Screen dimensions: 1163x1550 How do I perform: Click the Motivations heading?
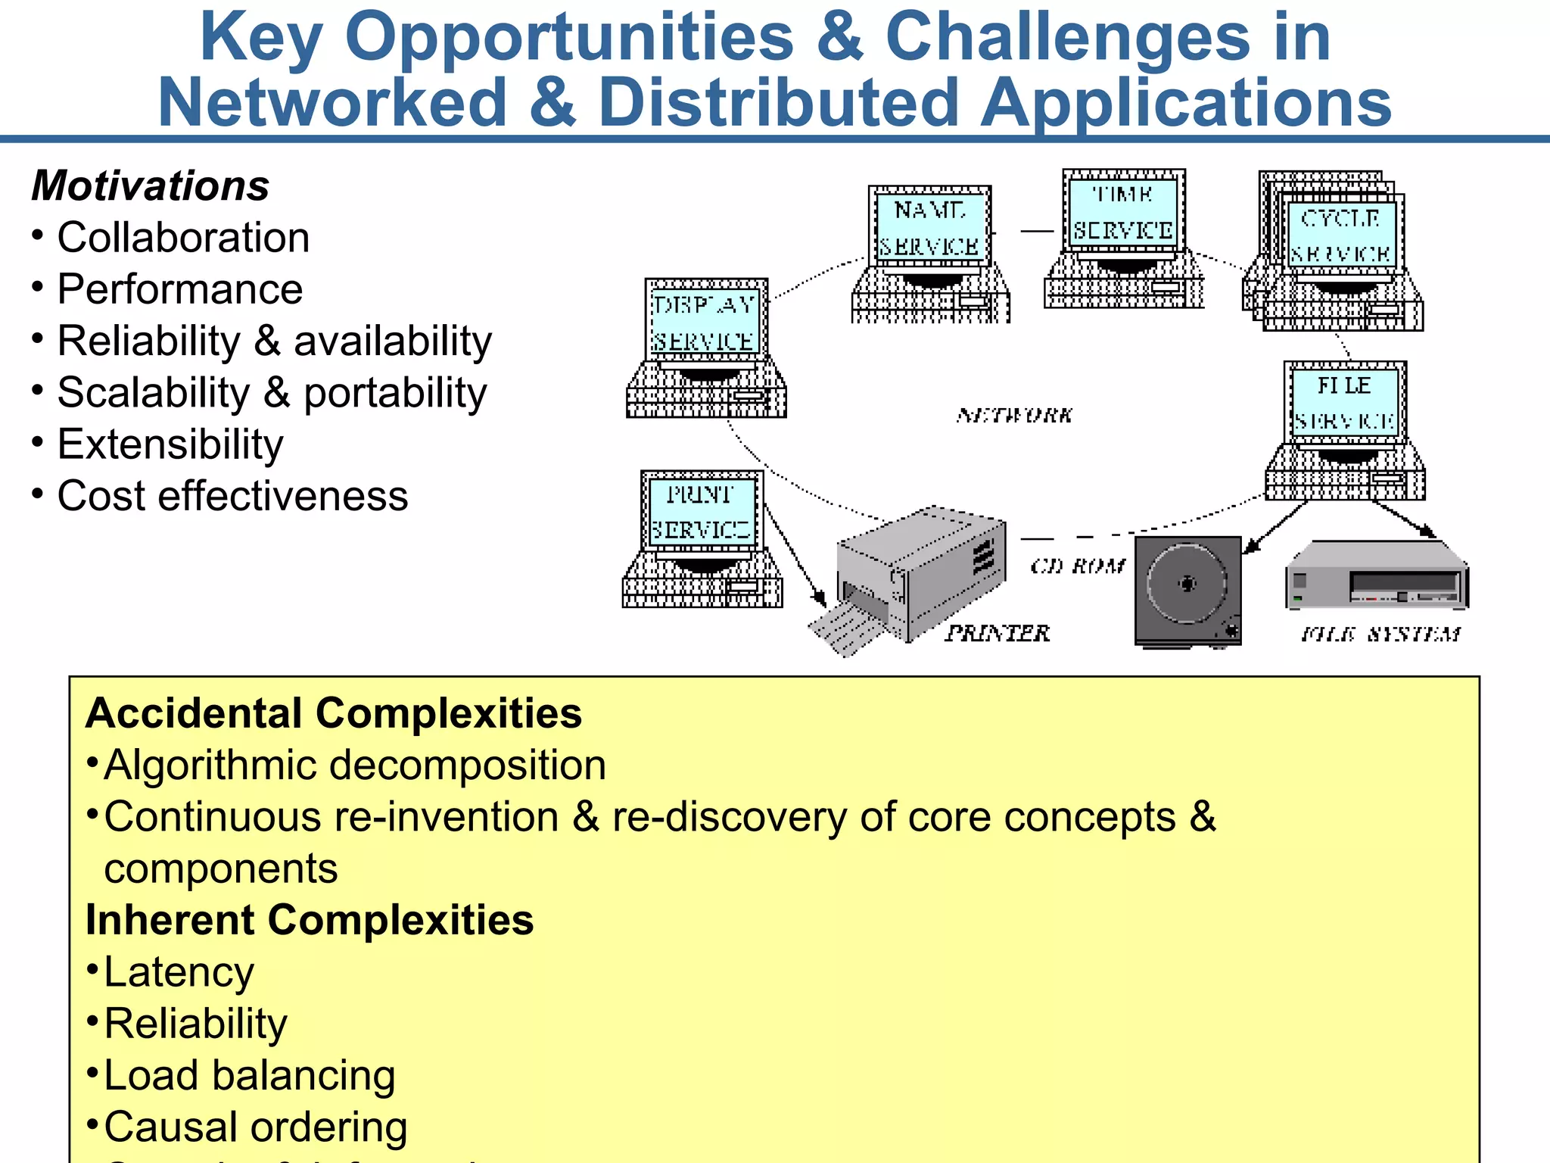tap(150, 186)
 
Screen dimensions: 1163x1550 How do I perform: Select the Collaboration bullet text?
tap(183, 238)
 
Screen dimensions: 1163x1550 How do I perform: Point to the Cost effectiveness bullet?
tap(232, 496)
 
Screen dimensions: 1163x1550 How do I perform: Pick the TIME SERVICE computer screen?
tap(1123, 211)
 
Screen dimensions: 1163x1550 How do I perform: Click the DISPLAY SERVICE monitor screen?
tap(705, 322)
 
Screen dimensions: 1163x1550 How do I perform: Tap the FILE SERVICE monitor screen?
tap(1344, 403)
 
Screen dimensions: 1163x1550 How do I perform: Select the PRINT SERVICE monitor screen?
tap(702, 512)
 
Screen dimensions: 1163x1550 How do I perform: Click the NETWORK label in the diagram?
tap(1014, 415)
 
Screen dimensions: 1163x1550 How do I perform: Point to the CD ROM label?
tap(1078, 566)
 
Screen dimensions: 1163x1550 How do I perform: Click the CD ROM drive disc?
tap(1187, 584)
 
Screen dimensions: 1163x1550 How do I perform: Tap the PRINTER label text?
tap(998, 633)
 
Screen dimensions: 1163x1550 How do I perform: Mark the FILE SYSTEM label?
tap(1380, 635)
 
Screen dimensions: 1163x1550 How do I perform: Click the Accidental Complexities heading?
tap(333, 713)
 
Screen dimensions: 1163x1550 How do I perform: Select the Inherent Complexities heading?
tap(310, 920)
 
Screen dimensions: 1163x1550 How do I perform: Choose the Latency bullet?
tap(179, 972)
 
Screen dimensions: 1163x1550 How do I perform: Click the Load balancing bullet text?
tap(249, 1076)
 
